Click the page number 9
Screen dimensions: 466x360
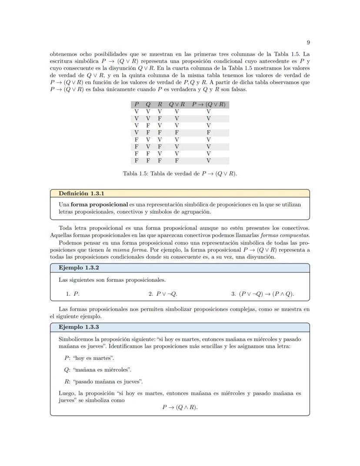[x=308, y=42]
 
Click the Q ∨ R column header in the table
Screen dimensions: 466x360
[x=177, y=104]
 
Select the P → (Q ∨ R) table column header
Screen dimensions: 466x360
[x=209, y=104]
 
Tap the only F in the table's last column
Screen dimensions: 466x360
[x=209, y=132]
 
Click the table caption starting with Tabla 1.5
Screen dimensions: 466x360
[x=180, y=174]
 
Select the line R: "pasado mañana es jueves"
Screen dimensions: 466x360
[x=103, y=382]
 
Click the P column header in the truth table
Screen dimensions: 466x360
[x=137, y=104]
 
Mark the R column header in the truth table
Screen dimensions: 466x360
[x=160, y=104]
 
